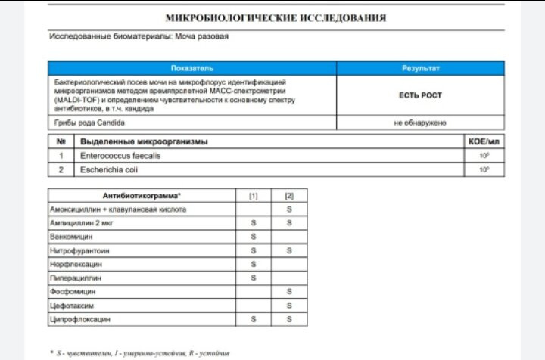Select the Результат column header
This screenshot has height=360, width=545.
point(421,68)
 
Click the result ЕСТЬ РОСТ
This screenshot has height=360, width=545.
point(421,95)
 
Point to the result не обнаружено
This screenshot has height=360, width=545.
point(421,123)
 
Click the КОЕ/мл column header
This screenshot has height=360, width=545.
point(484,141)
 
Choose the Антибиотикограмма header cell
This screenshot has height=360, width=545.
point(142,195)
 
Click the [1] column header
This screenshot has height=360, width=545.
point(254,195)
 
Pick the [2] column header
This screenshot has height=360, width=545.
point(289,195)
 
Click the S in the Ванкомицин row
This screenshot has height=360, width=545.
point(254,237)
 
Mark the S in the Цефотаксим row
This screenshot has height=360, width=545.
point(289,306)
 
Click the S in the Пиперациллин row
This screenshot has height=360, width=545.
point(254,278)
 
